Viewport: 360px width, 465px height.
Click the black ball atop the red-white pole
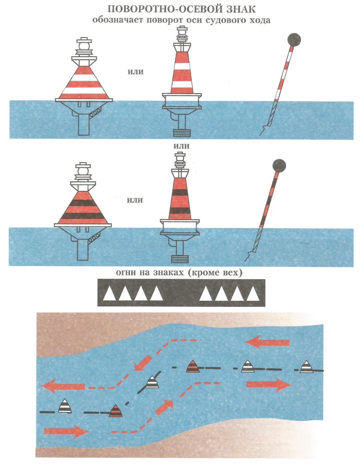click(294, 39)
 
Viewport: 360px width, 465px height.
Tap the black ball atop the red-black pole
click(279, 166)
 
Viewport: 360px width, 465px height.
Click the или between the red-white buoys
click(135, 72)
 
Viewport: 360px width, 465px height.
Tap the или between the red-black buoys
click(135, 200)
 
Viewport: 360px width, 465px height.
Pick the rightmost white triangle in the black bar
click(253, 293)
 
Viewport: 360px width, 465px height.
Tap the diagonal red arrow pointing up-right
click(165, 407)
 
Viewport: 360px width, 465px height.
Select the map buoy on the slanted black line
click(152, 382)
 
